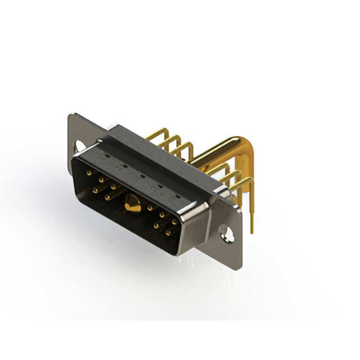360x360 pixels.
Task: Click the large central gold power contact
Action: (133, 205)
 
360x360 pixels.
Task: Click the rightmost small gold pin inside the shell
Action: (174, 222)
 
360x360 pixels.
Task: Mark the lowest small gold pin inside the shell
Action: (168, 232)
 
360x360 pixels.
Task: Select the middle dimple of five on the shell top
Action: (141, 175)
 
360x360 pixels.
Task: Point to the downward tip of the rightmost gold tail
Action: (251, 229)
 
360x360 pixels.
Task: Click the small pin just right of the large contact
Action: (150, 208)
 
